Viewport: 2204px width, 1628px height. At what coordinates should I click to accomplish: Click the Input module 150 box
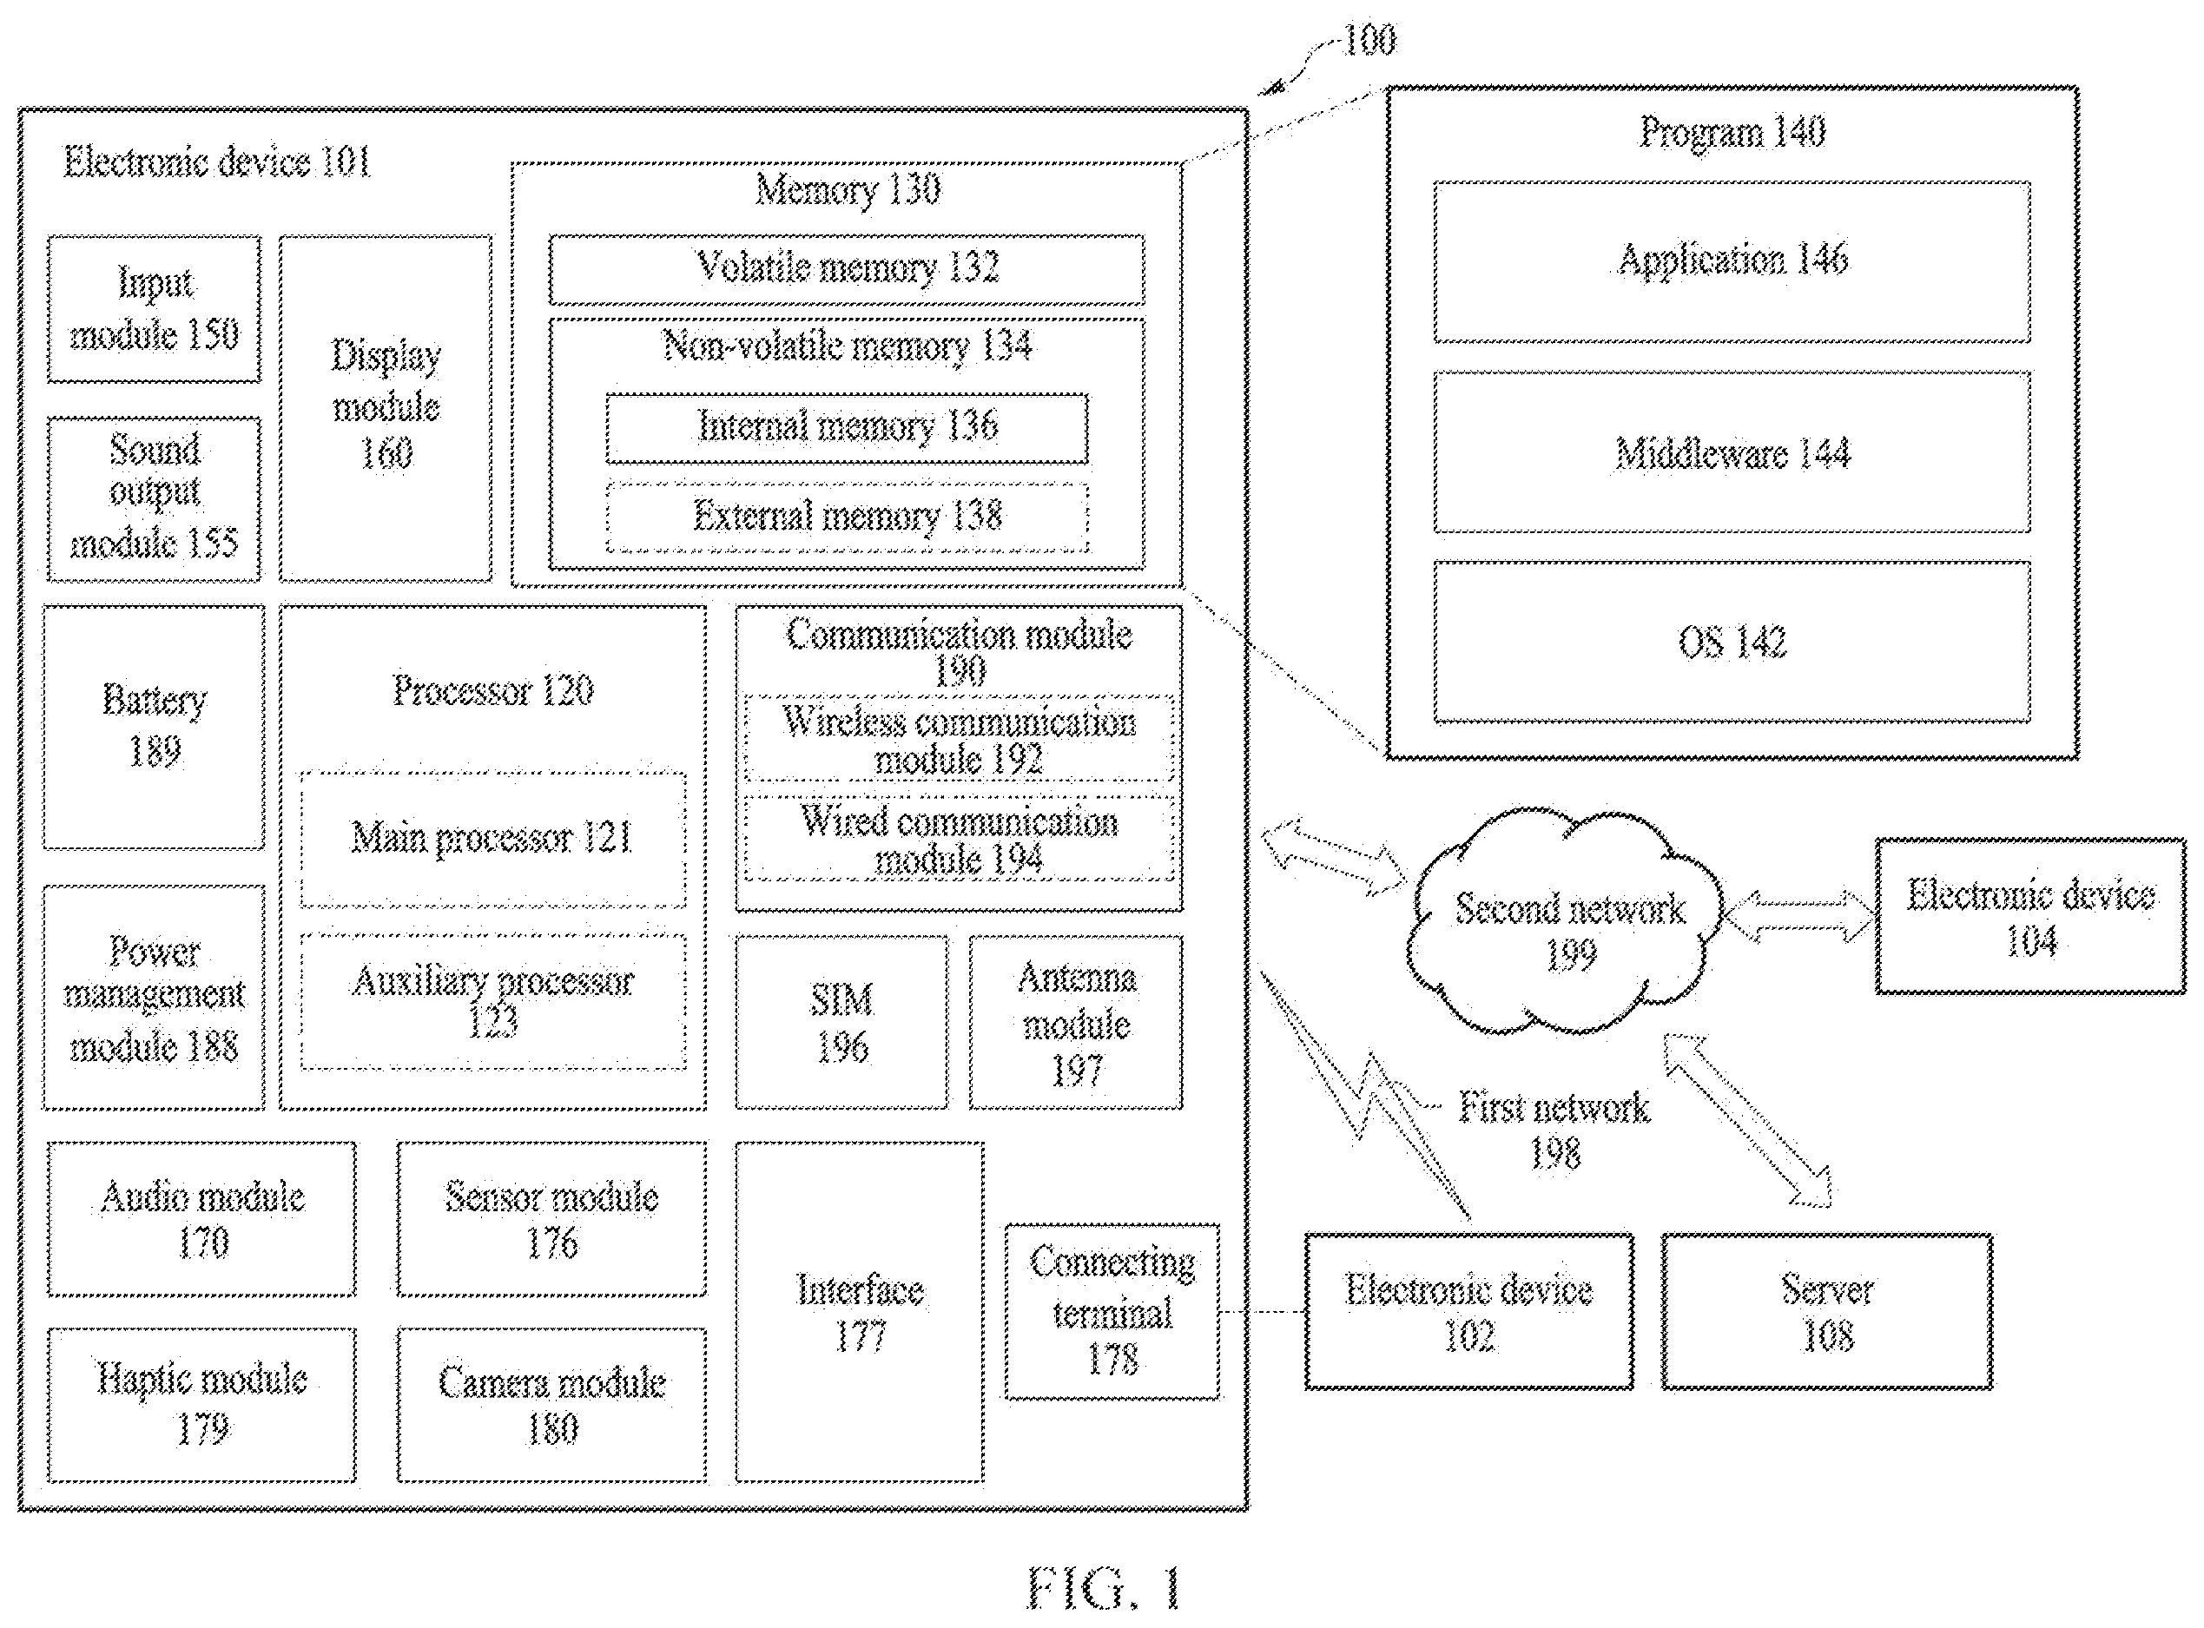154,308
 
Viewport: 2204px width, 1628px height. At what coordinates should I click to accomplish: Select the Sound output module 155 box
154,499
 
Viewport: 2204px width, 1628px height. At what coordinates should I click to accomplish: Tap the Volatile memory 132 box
847,269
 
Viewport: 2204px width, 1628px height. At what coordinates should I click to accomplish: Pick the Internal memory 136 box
847,428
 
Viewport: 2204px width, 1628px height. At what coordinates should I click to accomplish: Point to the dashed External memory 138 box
847,517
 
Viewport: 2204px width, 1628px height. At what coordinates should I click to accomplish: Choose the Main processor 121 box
493,840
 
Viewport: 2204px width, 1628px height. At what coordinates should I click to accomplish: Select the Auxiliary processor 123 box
493,1001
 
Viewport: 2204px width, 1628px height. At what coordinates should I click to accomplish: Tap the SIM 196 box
841,1023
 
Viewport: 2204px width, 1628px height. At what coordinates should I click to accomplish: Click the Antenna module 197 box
1076,1023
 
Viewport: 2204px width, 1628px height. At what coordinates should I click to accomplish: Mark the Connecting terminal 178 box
1112,1312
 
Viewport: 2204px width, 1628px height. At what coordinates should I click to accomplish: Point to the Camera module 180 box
552,1405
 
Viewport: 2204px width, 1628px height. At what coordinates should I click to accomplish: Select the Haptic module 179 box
202,1405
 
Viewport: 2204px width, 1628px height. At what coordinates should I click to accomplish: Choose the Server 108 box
1827,1312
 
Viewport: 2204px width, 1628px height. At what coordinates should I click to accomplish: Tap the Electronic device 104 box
2030,917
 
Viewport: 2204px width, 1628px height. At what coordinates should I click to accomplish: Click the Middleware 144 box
1732,452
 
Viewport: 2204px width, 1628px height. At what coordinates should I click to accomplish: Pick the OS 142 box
1732,643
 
